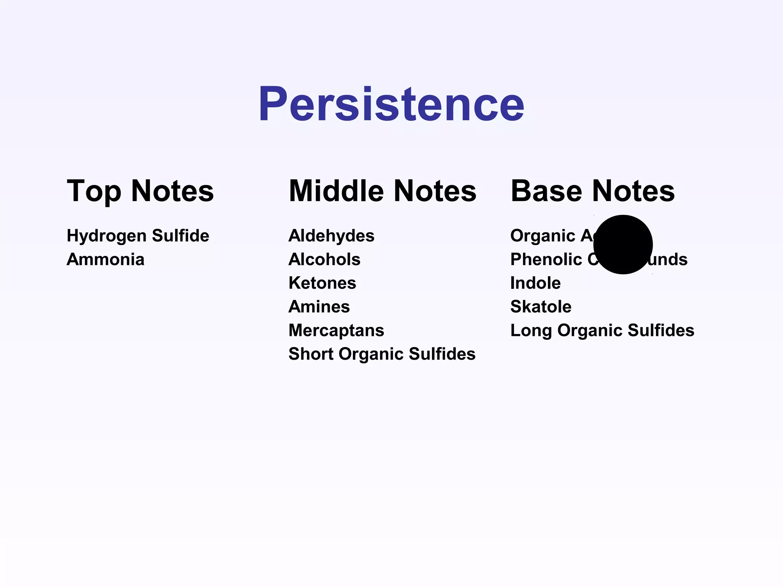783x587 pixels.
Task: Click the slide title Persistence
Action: (391, 104)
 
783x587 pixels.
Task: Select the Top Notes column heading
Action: (140, 191)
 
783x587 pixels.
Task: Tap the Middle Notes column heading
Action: (382, 191)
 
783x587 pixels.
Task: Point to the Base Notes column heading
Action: (593, 191)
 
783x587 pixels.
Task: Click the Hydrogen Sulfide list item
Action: (138, 236)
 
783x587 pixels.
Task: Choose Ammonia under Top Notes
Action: (106, 259)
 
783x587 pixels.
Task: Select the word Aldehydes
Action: (331, 236)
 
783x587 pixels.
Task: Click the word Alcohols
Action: (324, 259)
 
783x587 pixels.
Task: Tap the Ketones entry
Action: (322, 283)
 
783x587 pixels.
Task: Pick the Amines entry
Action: (319, 307)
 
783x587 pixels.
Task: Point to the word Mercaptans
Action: (336, 331)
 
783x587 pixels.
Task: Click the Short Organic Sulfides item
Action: (382, 354)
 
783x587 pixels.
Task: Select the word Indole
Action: (535, 283)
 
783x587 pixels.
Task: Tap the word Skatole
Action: (541, 307)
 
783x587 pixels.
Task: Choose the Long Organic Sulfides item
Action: (602, 331)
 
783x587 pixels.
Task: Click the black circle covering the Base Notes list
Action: (623, 245)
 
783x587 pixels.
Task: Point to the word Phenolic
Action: (546, 259)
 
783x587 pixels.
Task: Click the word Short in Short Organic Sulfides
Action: (311, 354)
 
